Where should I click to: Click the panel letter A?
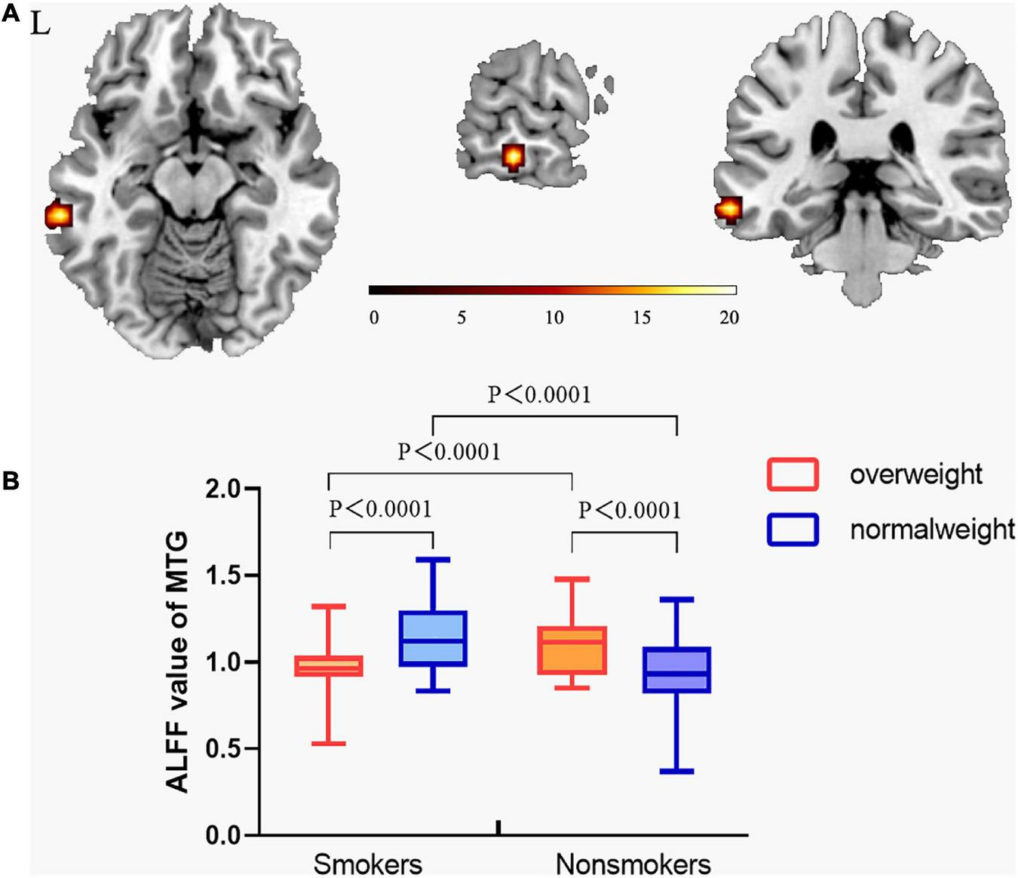(x=11, y=14)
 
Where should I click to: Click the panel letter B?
(x=11, y=480)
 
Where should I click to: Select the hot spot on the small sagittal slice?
(x=513, y=157)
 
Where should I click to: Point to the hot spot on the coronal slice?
(x=729, y=208)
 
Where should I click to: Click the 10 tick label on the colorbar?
(x=554, y=318)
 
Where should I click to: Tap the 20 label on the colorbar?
(x=728, y=318)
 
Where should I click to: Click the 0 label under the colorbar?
(x=374, y=318)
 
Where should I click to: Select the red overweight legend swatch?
(x=793, y=474)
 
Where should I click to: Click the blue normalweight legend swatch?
(x=793, y=530)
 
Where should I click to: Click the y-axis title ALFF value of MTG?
(x=178, y=662)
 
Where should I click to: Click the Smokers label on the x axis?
(x=367, y=863)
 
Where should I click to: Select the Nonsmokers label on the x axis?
(x=633, y=863)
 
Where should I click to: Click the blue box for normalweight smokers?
(x=434, y=638)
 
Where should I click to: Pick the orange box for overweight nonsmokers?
(x=572, y=649)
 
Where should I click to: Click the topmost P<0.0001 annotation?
(x=539, y=394)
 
